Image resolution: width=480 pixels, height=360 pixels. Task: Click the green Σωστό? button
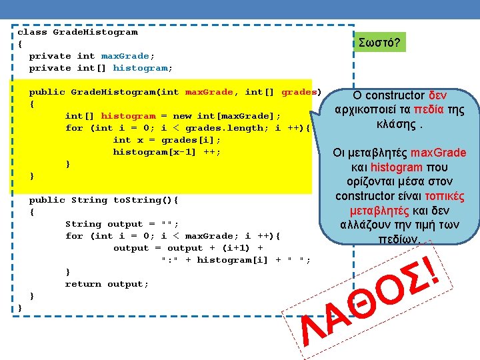pos(379,43)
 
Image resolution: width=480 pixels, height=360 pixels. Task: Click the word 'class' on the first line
pos(32,32)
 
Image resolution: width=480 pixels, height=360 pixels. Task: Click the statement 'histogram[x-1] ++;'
pos(167,152)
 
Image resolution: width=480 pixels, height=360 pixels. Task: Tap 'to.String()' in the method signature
pos(142,200)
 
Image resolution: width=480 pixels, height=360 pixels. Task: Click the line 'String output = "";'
pos(122,224)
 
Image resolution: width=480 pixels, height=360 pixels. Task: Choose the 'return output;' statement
pos(107,284)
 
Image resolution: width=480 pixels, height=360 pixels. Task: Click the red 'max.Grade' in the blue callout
pos(437,153)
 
